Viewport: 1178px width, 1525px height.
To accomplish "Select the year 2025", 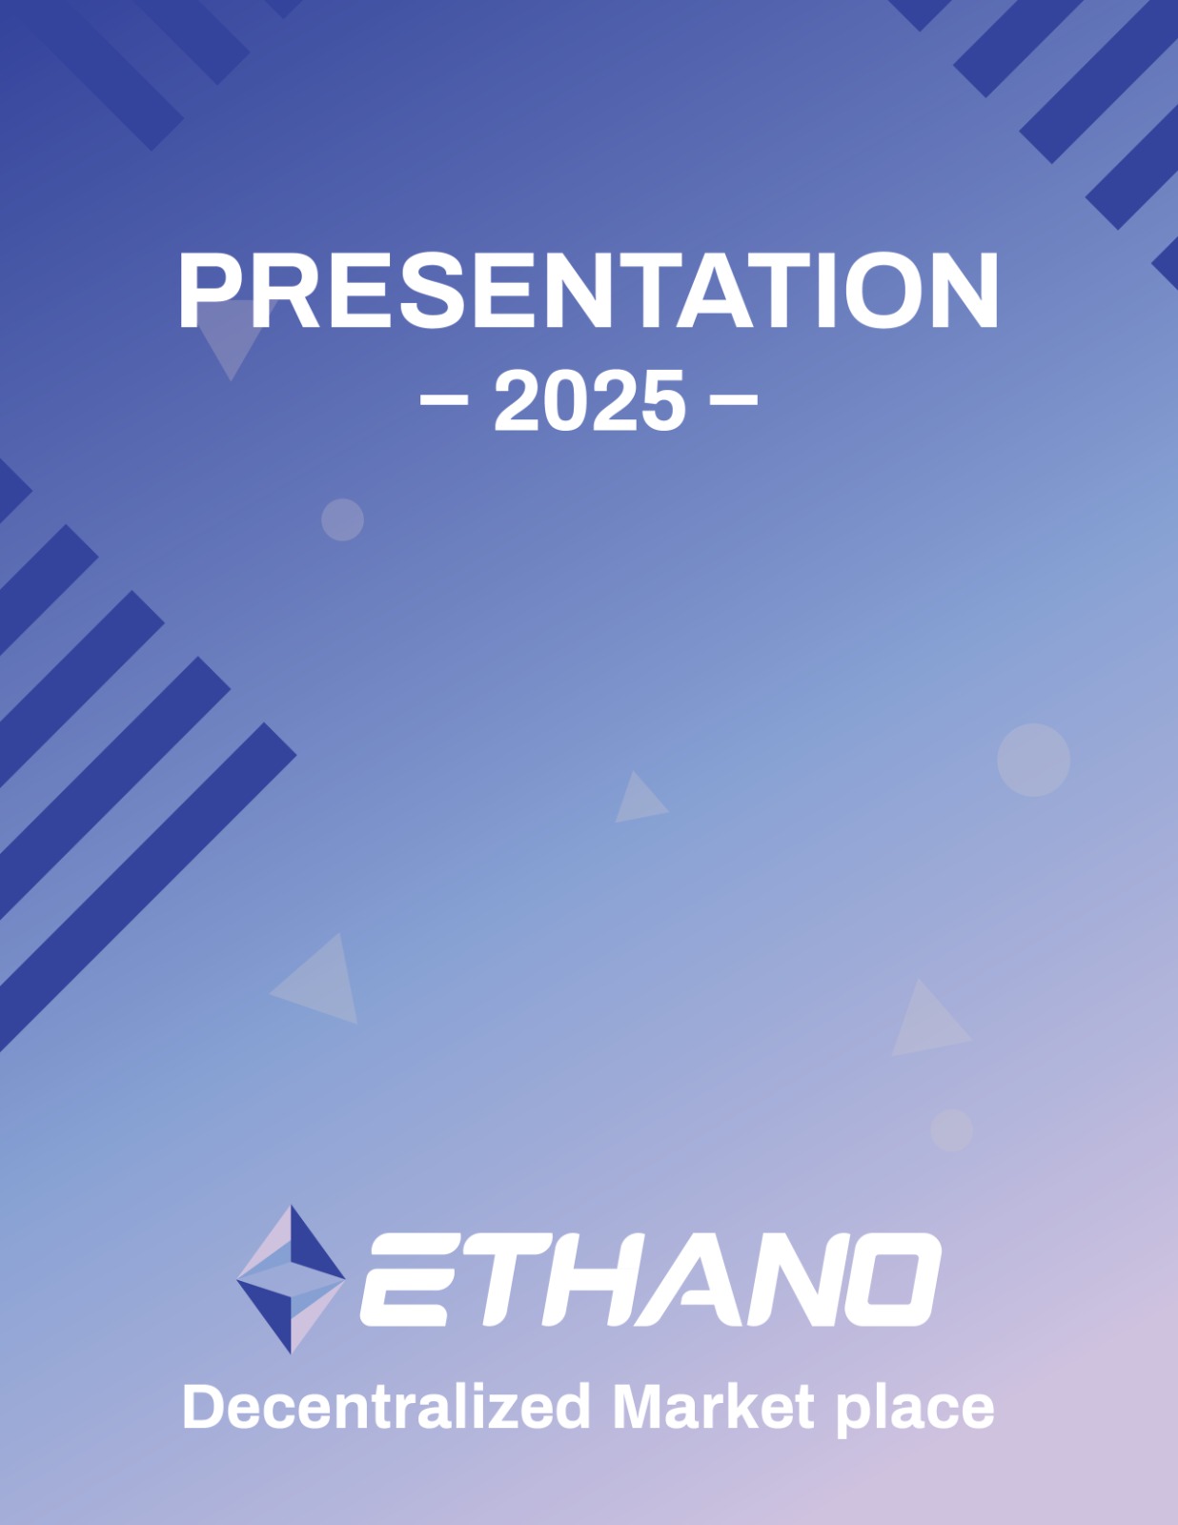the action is (589, 400).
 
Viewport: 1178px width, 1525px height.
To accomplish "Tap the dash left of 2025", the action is (444, 400).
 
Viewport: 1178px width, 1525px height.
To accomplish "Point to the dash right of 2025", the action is (734, 400).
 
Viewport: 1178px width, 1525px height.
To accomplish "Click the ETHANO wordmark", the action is (650, 1279).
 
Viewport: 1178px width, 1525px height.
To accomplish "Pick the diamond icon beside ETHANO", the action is (291, 1279).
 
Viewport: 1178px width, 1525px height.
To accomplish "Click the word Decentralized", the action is (386, 1407).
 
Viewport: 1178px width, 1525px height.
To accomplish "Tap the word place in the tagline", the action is (916, 1411).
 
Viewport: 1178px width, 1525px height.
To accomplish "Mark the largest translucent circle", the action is (1033, 760).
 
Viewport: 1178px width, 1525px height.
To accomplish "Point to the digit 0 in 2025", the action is (565, 400).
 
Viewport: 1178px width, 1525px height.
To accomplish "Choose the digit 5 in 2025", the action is (662, 400).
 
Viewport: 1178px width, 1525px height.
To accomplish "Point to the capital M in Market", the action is (640, 1406).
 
